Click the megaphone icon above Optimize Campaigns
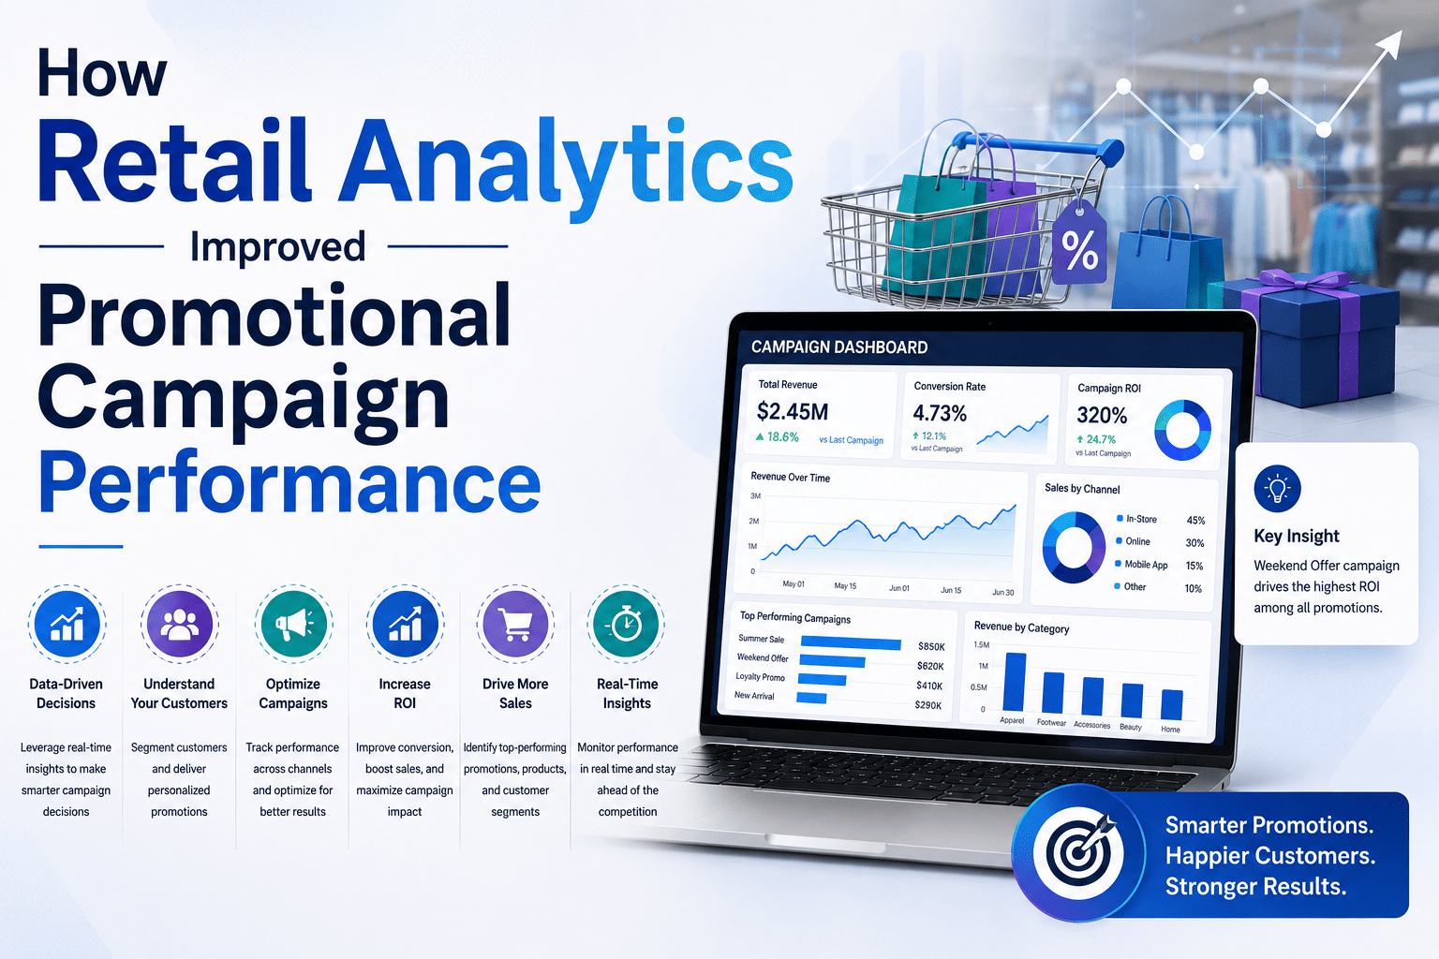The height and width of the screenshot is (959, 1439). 293,624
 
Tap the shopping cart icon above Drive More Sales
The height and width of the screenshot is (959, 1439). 515,624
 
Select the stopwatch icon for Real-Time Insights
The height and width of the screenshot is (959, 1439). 626,624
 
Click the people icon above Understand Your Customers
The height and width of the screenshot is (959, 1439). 179,624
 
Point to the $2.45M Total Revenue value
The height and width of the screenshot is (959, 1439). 792,411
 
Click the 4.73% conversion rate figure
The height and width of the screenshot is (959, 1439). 940,413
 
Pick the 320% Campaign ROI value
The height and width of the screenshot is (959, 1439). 1102,416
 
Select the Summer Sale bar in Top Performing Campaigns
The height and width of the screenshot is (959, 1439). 851,643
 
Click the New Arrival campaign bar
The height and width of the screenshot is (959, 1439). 811,698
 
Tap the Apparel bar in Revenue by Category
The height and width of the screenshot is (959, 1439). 1015,682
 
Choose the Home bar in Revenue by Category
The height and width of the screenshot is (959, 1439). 1172,704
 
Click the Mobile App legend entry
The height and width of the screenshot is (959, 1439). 1141,565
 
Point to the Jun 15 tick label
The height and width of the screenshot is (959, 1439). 951,590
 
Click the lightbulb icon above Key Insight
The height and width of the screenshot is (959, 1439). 1277,489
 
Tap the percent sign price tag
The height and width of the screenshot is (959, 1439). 1080,243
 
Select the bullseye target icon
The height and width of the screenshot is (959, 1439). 1079,853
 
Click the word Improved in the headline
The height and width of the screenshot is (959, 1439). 277,247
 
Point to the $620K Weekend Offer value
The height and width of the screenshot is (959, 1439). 930,666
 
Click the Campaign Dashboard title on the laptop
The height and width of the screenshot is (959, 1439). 839,347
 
